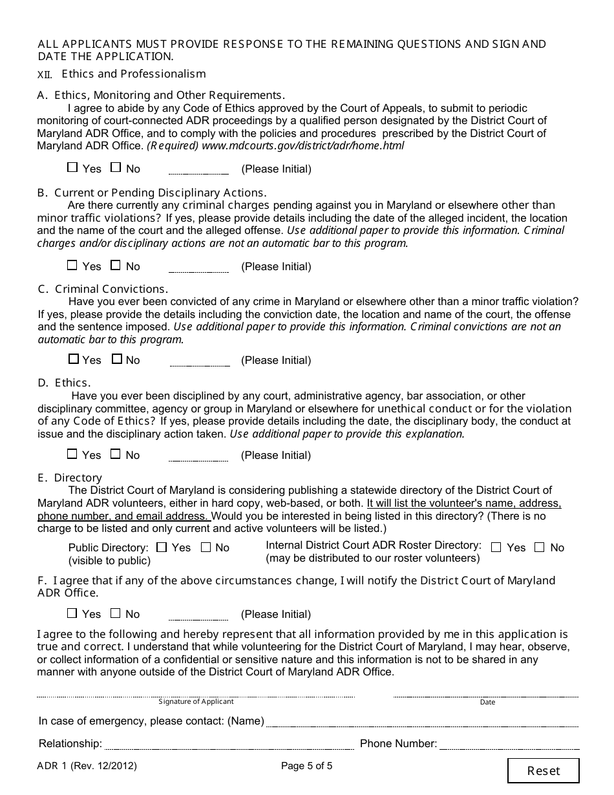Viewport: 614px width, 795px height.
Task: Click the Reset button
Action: click(x=543, y=770)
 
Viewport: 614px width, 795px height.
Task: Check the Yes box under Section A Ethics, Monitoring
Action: click(x=72, y=167)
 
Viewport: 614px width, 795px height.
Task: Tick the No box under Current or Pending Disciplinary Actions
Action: click(x=116, y=265)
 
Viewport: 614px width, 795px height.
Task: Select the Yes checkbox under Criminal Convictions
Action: click(x=74, y=359)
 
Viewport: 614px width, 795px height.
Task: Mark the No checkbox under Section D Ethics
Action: click(x=116, y=454)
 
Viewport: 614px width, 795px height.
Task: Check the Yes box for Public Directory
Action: click(x=162, y=547)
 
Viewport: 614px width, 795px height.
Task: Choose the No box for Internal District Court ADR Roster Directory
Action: click(x=540, y=547)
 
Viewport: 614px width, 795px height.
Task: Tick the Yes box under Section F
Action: click(x=72, y=613)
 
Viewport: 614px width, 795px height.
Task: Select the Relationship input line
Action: click(x=229, y=745)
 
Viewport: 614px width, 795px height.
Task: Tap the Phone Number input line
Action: click(x=509, y=745)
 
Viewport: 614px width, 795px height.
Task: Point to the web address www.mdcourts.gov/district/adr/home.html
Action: click(x=303, y=146)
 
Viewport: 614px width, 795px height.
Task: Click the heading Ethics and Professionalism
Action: click(x=133, y=74)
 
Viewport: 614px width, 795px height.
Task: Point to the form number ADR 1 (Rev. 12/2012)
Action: click(x=87, y=767)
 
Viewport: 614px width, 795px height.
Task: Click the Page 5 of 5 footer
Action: click(x=306, y=767)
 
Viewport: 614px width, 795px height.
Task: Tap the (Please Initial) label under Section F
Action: click(x=276, y=614)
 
